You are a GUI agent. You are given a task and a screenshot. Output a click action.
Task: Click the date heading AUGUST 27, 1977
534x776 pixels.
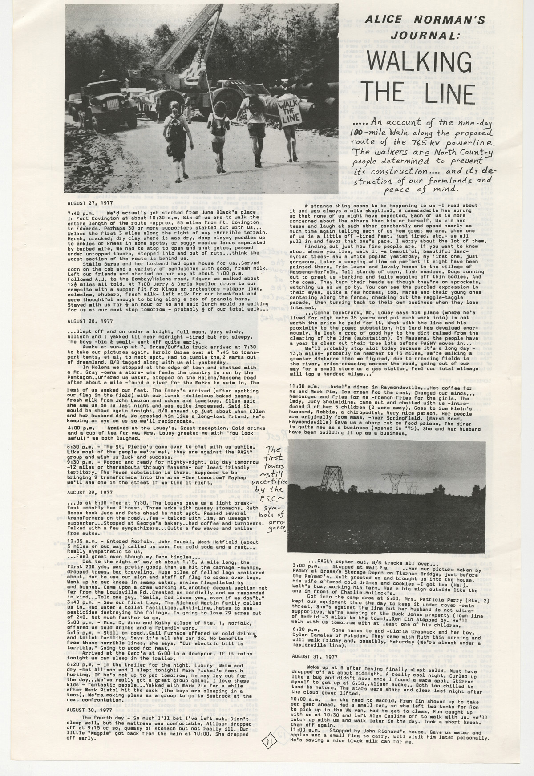(x=89, y=202)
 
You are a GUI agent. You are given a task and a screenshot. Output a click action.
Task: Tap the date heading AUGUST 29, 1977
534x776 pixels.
(x=89, y=493)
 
